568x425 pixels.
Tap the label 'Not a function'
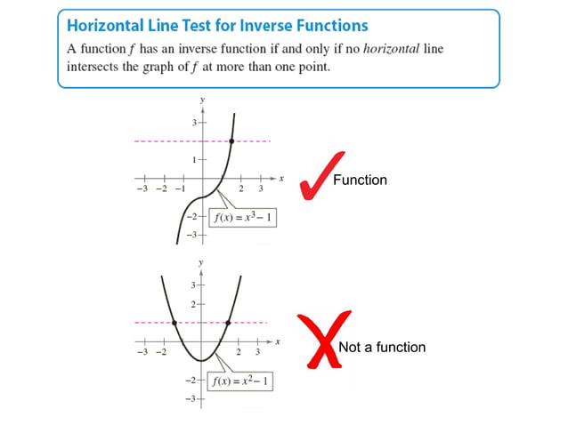click(382, 347)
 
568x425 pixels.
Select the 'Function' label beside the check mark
click(360, 180)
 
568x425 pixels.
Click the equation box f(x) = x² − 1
click(239, 383)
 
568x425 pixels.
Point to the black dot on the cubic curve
click(231, 141)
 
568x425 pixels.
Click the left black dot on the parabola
click(174, 322)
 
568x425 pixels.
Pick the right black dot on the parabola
click(229, 322)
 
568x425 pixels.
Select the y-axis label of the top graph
click(202, 100)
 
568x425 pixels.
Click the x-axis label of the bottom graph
click(278, 341)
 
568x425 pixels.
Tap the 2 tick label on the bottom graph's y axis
click(194, 304)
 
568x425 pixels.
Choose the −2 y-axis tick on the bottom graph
click(191, 380)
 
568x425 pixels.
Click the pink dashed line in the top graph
click(169, 141)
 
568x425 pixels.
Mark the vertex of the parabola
click(201, 360)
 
